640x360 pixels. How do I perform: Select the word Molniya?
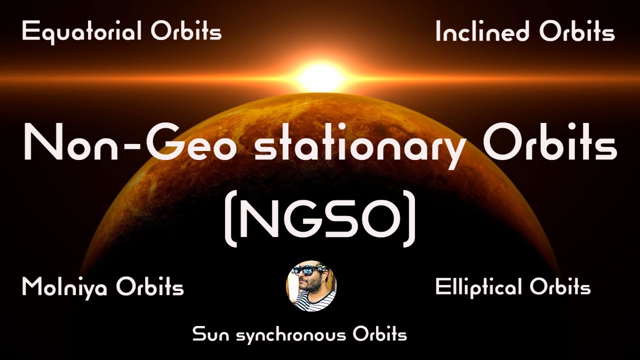(x=64, y=288)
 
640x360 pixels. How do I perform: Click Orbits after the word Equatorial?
(x=186, y=32)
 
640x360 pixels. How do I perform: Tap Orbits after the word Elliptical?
(x=560, y=288)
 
